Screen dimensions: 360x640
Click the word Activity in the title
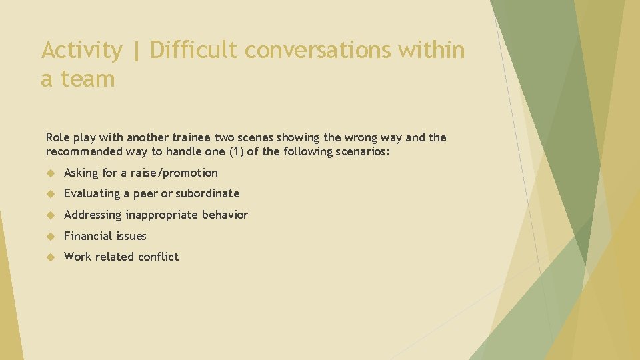point(82,51)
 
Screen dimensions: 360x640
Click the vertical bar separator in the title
point(137,51)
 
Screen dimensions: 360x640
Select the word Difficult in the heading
point(193,51)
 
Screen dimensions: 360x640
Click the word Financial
point(86,236)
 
